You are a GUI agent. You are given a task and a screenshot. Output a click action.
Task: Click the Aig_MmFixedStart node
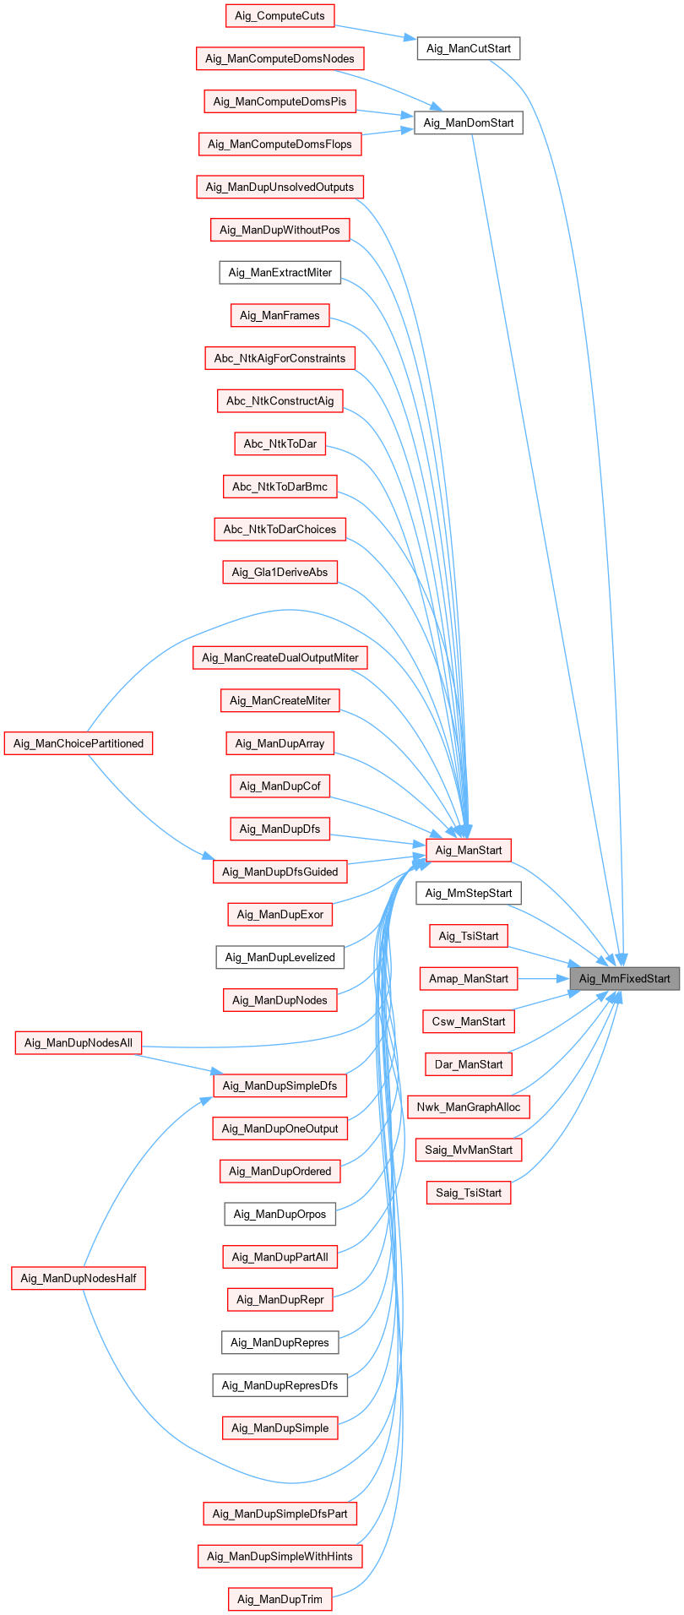(624, 979)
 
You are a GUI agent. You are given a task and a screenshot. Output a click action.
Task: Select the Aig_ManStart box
(468, 851)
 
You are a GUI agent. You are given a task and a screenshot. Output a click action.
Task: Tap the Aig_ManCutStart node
(468, 49)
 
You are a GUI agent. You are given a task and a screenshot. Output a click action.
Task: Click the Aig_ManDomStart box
(468, 123)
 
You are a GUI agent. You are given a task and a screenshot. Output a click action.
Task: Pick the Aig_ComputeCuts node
(280, 16)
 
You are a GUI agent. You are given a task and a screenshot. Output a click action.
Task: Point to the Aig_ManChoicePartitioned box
(79, 743)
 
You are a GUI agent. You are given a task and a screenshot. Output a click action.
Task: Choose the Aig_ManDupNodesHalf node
(79, 1278)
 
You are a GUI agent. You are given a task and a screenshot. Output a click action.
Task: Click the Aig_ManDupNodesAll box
(79, 1043)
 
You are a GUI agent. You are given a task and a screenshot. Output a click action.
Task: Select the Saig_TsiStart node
(468, 1194)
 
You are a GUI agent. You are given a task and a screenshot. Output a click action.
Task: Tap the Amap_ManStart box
(468, 979)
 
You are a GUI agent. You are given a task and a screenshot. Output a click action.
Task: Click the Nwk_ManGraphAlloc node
(468, 1107)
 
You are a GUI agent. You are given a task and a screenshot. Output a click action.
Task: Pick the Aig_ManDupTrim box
(280, 1599)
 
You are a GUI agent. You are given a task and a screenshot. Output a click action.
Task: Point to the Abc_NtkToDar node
(280, 444)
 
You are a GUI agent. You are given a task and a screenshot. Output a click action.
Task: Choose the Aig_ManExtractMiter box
(280, 273)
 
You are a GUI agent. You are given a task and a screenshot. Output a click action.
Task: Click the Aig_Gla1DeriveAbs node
(280, 573)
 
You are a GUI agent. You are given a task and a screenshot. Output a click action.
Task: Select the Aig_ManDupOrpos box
(280, 1215)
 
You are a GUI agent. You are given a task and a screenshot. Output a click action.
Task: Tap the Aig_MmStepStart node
(468, 894)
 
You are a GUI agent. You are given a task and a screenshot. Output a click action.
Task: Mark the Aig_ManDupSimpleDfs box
(280, 1086)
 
